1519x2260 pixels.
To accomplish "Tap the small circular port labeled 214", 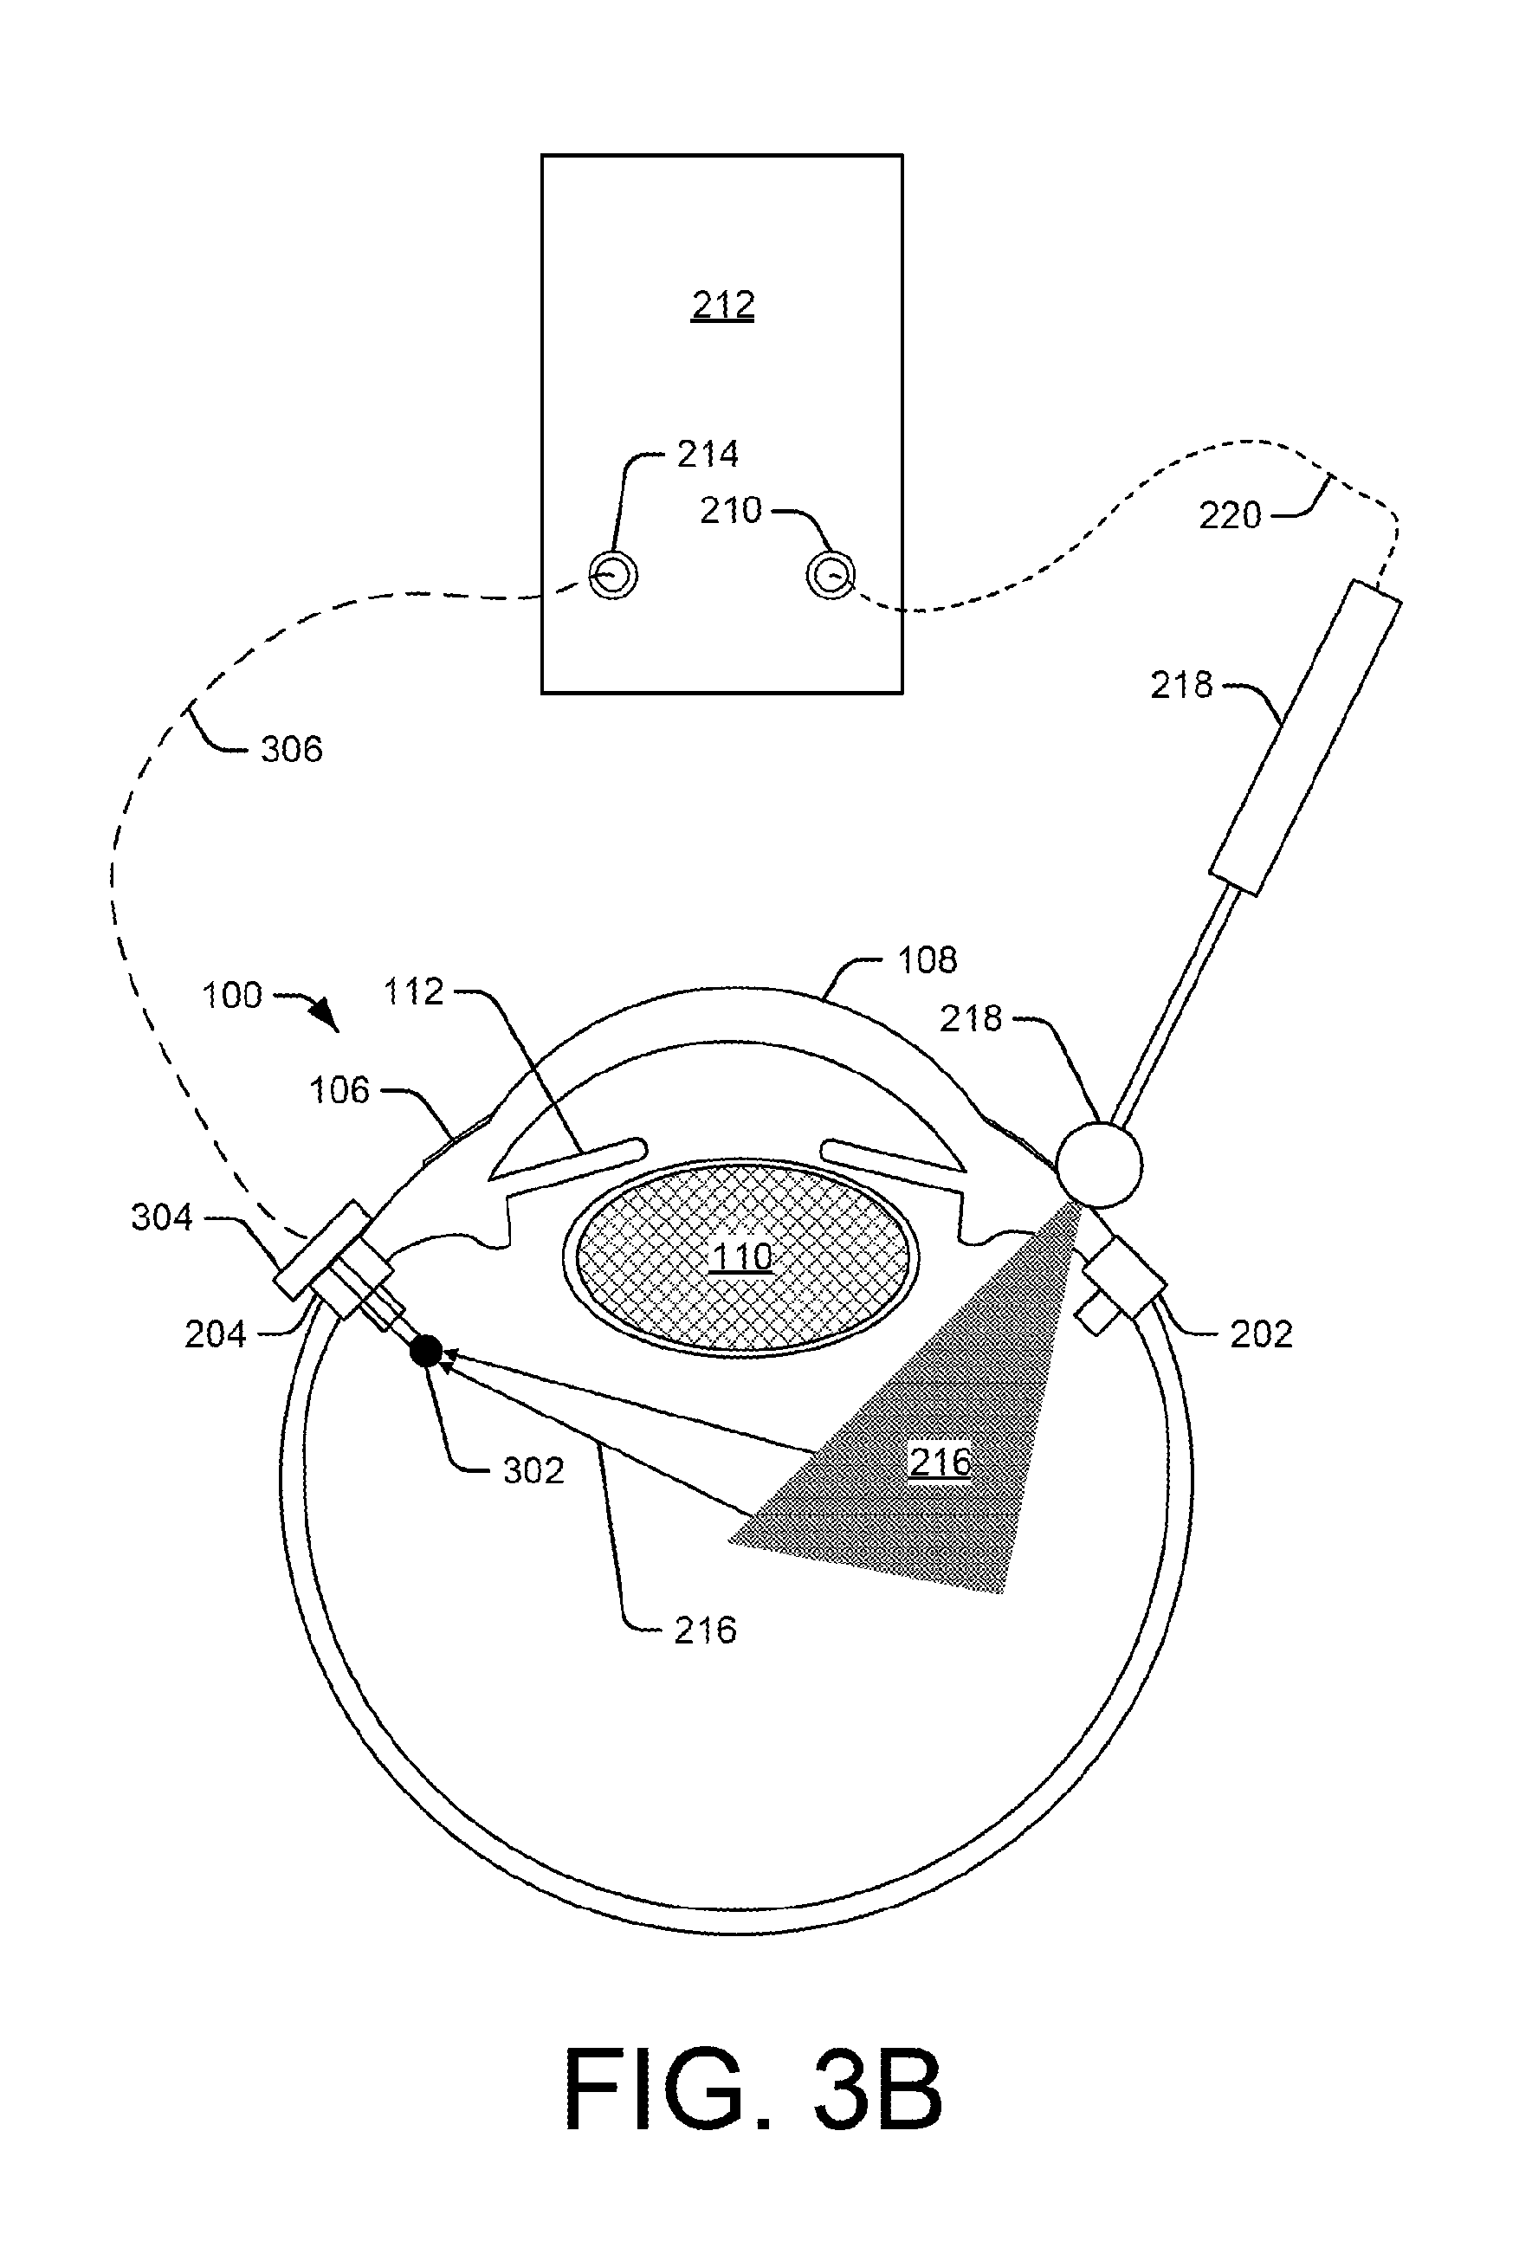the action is click(613, 577).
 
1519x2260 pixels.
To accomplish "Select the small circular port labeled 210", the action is click(831, 577).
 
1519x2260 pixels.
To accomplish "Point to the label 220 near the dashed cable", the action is click(1231, 515).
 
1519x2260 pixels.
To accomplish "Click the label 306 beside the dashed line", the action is click(292, 749).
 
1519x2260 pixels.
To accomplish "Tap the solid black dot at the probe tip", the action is click(426, 1351).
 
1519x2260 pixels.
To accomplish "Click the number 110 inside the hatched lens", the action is click(742, 1256).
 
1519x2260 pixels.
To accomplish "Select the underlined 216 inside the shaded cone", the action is click(940, 1461).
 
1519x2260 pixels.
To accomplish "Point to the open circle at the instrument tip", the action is click(1099, 1164).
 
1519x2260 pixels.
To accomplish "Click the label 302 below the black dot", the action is click(533, 1470).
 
